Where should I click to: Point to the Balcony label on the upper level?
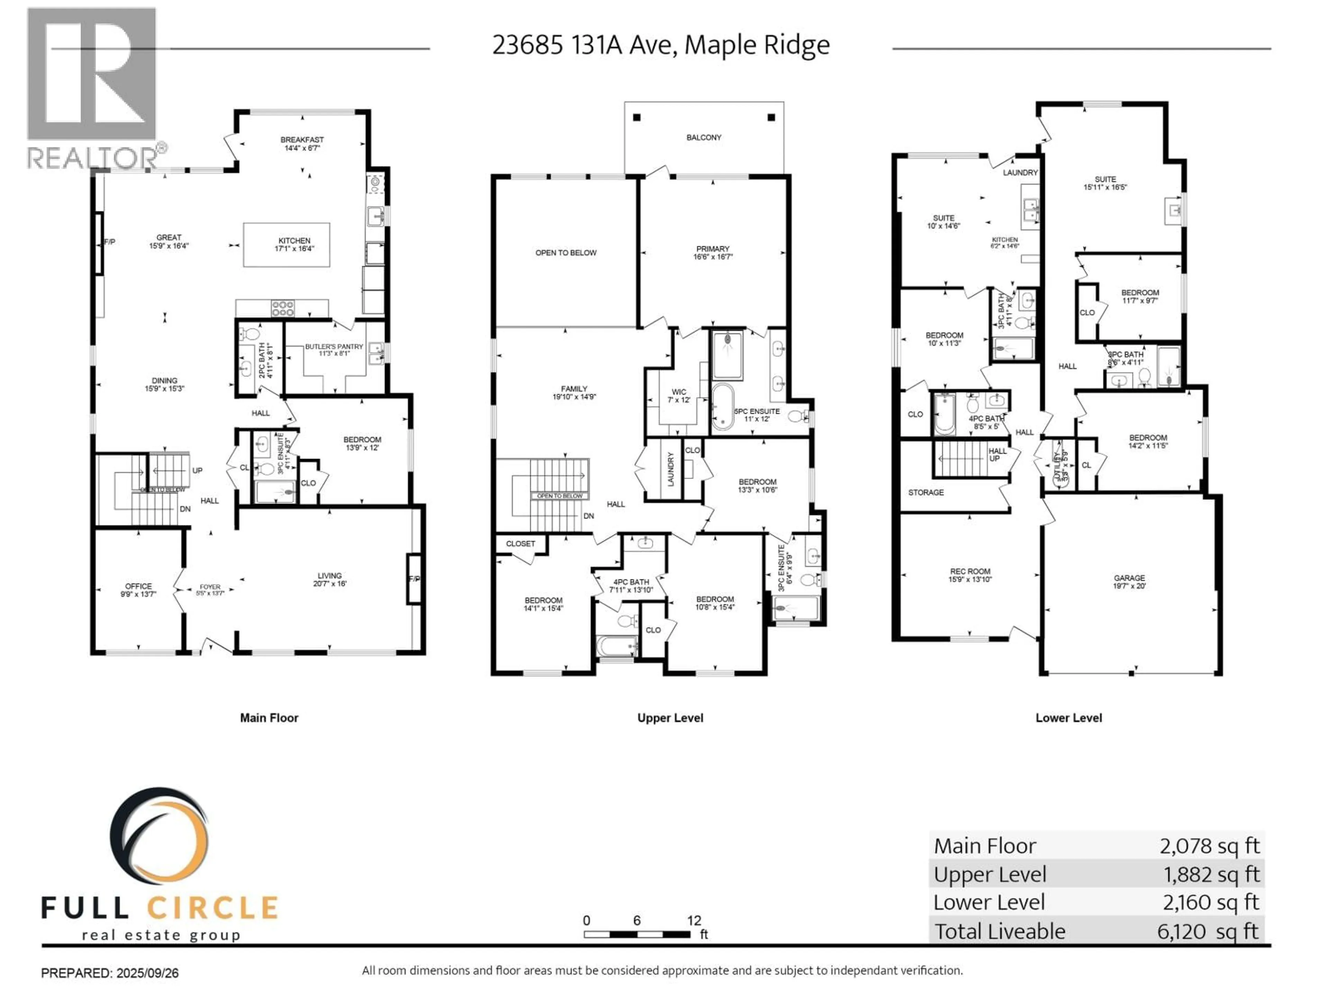point(704,138)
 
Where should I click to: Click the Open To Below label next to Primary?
point(566,253)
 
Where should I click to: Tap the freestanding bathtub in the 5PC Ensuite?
point(722,407)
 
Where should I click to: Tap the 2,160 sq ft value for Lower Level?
point(1210,902)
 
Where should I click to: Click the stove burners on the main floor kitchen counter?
point(282,308)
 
